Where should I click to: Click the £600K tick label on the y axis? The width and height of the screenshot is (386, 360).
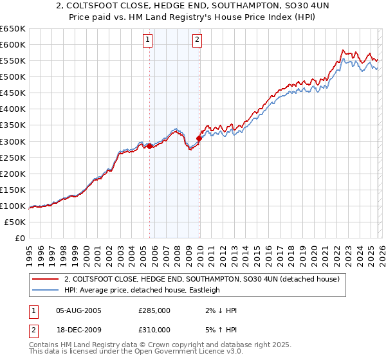[x=13, y=44]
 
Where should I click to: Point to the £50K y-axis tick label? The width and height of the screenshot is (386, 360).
[x=15, y=222]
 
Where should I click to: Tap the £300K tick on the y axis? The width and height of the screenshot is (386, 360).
[x=13, y=141]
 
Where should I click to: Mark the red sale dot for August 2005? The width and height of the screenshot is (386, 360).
[x=150, y=146]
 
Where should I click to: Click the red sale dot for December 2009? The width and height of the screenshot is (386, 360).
[x=199, y=138]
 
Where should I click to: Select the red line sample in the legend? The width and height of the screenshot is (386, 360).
[x=46, y=280]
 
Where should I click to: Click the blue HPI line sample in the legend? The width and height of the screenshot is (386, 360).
[x=46, y=291]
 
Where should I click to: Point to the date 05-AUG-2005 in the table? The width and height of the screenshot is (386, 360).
[x=79, y=310]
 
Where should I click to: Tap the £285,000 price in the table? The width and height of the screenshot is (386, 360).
[x=154, y=310]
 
